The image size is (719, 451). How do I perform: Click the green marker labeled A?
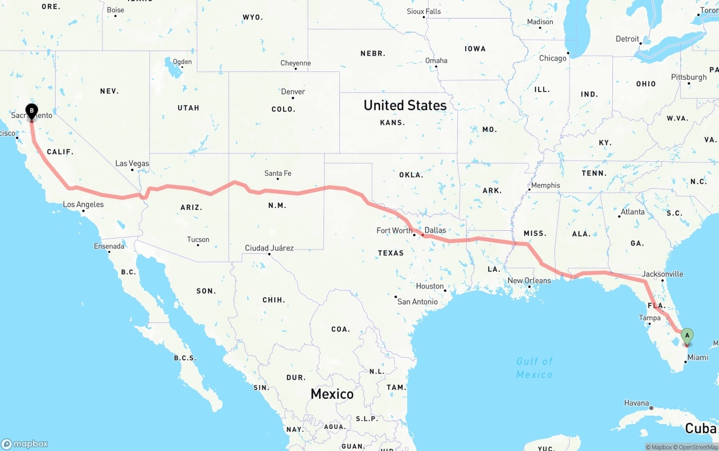pyautogui.click(x=686, y=336)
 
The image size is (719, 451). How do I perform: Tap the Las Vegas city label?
pyautogui.click(x=133, y=163)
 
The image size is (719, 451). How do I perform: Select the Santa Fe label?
pyautogui.click(x=277, y=174)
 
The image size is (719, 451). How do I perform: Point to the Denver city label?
pyautogui.click(x=293, y=92)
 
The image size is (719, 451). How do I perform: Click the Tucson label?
pyautogui.click(x=198, y=239)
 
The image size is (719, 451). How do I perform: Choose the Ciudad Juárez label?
pyautogui.click(x=269, y=248)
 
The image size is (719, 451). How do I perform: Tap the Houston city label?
pyautogui.click(x=430, y=286)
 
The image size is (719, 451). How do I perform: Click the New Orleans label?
pyautogui.click(x=529, y=280)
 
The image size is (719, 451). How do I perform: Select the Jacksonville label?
pyautogui.click(x=663, y=274)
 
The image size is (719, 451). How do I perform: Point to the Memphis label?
pyautogui.click(x=545, y=185)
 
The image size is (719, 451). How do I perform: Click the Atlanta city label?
pyautogui.click(x=632, y=212)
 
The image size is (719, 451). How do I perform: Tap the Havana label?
pyautogui.click(x=636, y=403)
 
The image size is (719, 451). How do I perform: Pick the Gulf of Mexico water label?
pyautogui.click(x=535, y=367)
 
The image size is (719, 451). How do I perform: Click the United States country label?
pyautogui.click(x=405, y=105)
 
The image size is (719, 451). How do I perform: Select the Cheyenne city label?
pyautogui.click(x=295, y=63)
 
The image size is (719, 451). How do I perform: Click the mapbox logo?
pyautogui.click(x=25, y=444)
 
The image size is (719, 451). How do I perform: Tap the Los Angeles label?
pyautogui.click(x=83, y=204)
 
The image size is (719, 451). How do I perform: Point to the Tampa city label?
pyautogui.click(x=649, y=318)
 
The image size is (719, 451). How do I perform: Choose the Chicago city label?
pyautogui.click(x=553, y=58)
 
